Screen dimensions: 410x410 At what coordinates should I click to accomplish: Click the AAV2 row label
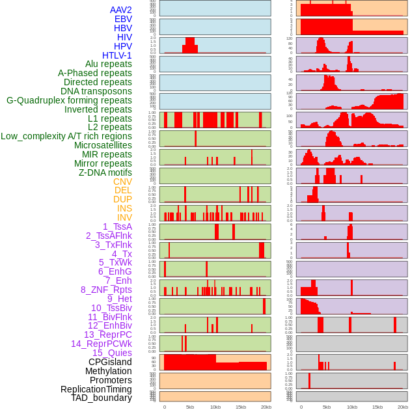(121, 10)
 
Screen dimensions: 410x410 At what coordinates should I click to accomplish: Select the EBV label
(123, 19)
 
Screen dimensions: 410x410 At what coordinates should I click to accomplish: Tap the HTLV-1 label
(117, 55)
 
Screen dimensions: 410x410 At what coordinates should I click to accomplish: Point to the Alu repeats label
(109, 64)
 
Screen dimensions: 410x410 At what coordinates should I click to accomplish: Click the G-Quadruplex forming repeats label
(69, 100)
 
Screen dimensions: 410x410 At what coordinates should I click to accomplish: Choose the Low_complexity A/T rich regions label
(66, 136)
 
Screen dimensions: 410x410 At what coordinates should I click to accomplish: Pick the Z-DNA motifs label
(105, 172)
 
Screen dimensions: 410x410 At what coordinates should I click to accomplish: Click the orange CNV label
(122, 182)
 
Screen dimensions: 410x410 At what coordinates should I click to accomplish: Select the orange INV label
(124, 217)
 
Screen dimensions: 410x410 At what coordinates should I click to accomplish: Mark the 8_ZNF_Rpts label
(106, 290)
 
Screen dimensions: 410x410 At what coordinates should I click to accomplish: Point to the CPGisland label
(110, 362)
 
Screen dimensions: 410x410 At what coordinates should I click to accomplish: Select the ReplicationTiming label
(96, 389)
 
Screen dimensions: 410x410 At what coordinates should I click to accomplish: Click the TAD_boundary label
(102, 398)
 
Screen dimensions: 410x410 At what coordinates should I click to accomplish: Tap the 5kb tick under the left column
(190, 407)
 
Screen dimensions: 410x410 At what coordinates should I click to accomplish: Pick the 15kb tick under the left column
(241, 407)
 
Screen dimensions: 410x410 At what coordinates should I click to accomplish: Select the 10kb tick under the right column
(352, 407)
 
